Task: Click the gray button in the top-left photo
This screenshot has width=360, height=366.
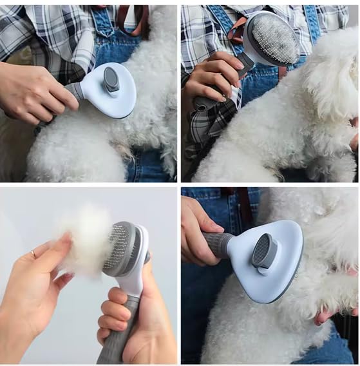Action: click(x=111, y=81)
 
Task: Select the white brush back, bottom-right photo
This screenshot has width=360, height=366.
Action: click(x=270, y=271)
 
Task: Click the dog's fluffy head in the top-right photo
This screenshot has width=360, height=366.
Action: click(x=328, y=77)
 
